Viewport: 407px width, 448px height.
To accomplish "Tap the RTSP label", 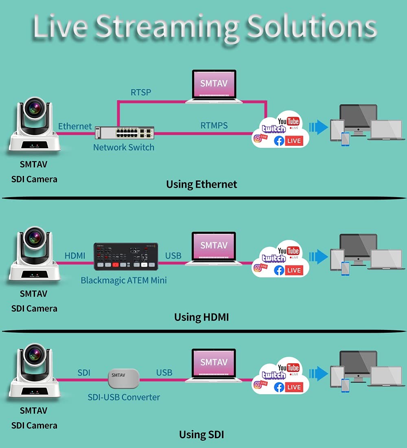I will point(141,92).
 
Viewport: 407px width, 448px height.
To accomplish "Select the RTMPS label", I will point(214,125).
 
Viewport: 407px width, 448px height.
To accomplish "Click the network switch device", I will point(125,133).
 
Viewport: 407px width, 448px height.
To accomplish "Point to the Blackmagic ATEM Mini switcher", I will point(126,257).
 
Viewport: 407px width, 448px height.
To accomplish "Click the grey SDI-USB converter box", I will point(124,378).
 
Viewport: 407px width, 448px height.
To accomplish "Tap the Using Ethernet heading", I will point(201,184).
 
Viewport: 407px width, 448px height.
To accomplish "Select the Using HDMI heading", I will point(201,317).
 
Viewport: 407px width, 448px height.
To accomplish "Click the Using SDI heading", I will point(201,435).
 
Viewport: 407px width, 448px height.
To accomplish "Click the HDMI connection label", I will point(75,256).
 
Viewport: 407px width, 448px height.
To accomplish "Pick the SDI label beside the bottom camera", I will point(84,373).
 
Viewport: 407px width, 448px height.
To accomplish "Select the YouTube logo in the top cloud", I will point(288,121).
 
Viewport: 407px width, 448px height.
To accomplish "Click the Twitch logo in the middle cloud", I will point(274,259).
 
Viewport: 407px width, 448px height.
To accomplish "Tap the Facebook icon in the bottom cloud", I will point(279,387).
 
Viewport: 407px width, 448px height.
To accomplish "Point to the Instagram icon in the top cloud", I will point(258,138).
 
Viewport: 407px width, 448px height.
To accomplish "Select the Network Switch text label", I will point(124,147).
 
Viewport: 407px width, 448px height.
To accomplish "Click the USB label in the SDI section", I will point(164,373).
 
